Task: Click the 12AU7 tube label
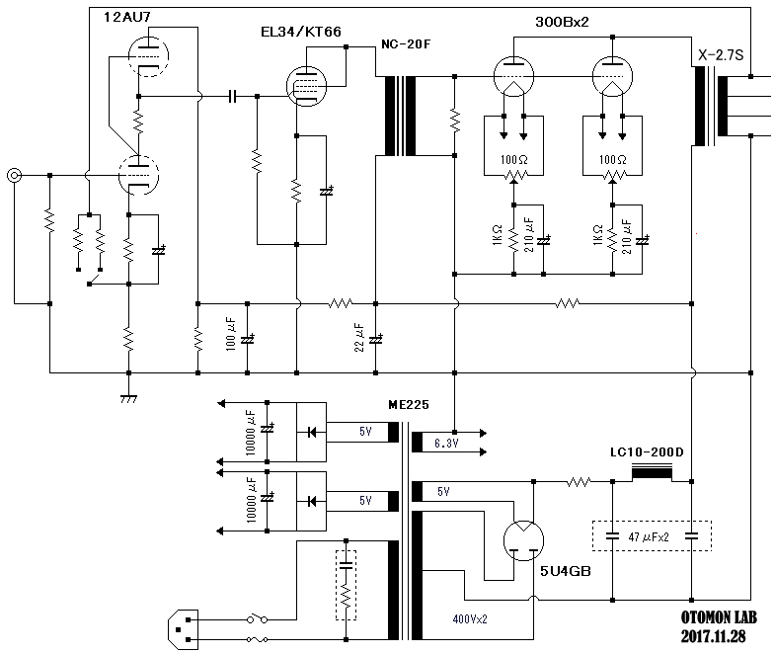126,17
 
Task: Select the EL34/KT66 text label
300,32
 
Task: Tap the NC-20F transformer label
406,43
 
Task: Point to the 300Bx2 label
562,22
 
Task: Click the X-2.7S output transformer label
721,55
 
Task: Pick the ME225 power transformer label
409,405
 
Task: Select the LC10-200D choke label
647,452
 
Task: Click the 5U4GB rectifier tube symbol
523,541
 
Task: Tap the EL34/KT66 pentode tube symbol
306,87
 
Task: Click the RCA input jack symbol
14,176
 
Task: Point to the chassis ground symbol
128,399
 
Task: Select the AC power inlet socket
184,630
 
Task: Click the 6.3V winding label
446,443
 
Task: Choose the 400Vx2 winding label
470,618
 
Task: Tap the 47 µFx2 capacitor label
648,537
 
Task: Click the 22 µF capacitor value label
359,338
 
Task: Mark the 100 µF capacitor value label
231,334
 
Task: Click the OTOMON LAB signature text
719,617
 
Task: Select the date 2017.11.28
713,636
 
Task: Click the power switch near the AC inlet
257,618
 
